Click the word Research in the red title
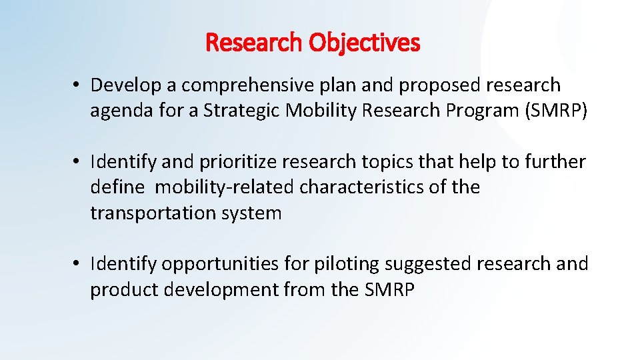pyautogui.click(x=255, y=43)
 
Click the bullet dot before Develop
pyautogui.click(x=78, y=86)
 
